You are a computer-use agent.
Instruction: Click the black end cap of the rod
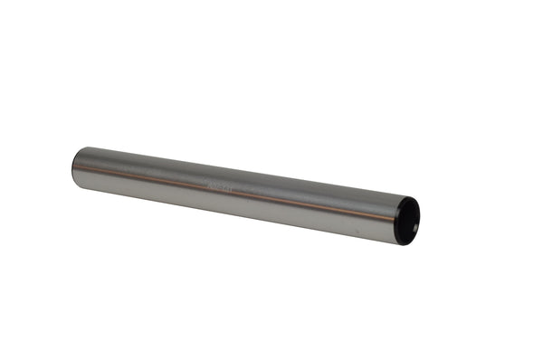tap(409, 221)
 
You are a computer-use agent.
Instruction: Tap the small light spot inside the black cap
tap(415, 216)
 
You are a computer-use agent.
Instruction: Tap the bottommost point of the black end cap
tap(405, 244)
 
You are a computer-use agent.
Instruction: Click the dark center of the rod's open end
tap(412, 222)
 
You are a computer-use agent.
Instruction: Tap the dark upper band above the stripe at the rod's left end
tap(90, 156)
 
